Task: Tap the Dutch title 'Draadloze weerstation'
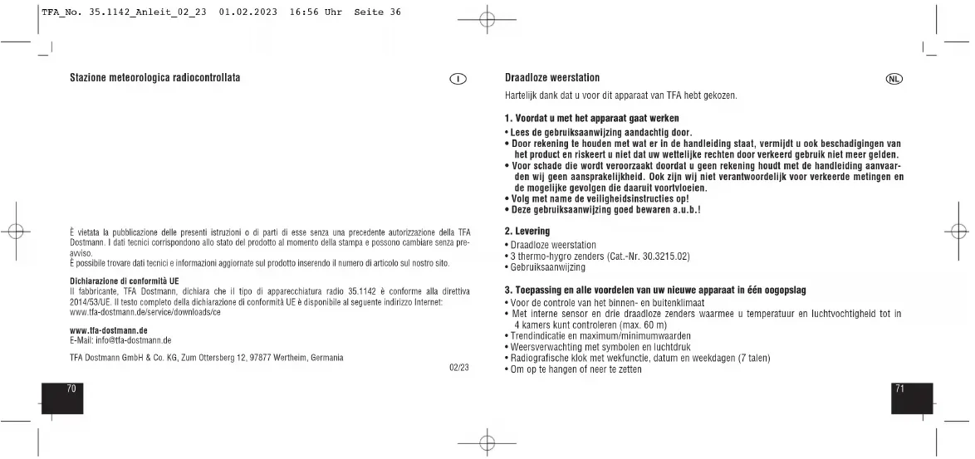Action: click(552, 78)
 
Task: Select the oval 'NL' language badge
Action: click(894, 79)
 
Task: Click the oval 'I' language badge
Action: click(458, 79)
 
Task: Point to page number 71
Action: click(900, 387)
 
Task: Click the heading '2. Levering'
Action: click(527, 230)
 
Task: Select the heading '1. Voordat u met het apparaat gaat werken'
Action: click(592, 120)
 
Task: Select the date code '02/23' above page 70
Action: click(458, 367)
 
